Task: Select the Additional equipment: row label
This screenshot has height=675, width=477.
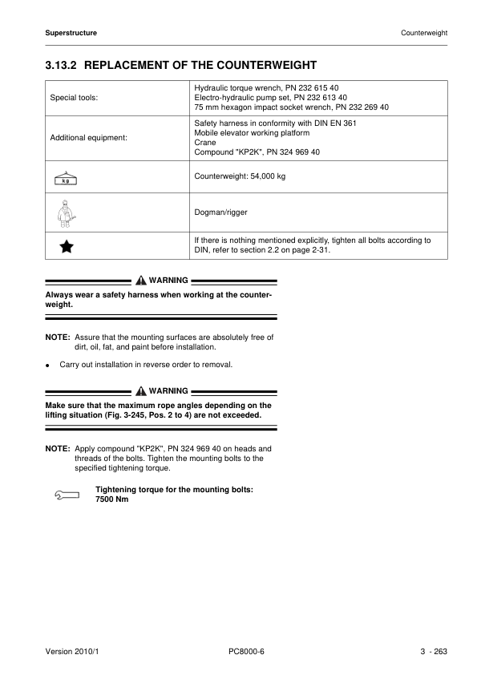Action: [x=89, y=138]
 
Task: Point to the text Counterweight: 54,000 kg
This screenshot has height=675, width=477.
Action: [x=240, y=176]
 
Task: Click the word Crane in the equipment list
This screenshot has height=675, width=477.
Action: [x=205, y=142]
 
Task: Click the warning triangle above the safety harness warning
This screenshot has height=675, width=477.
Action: [x=141, y=281]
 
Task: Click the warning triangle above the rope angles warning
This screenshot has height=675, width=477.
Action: [x=141, y=391]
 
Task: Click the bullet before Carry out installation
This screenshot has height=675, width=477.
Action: [x=49, y=365]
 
